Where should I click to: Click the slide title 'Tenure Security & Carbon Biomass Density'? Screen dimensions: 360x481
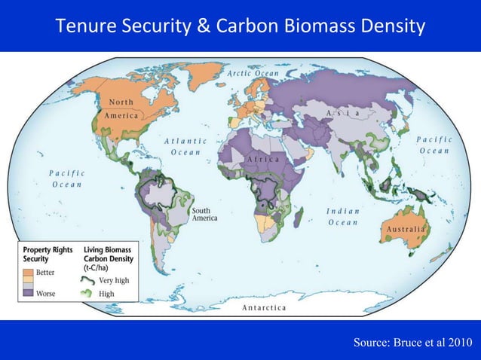click(x=240, y=28)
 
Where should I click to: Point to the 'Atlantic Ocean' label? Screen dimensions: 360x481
click(x=185, y=146)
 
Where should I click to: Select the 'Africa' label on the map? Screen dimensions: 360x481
click(x=262, y=160)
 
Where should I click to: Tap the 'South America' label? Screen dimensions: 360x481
click(x=204, y=215)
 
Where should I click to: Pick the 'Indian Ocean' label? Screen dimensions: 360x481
click(x=343, y=217)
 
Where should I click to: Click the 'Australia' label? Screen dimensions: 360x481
click(x=406, y=228)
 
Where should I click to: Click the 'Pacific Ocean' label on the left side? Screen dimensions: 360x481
click(x=68, y=178)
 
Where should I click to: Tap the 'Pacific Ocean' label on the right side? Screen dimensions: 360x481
click(x=434, y=145)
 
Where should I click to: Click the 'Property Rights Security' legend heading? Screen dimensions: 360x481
click(x=47, y=254)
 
